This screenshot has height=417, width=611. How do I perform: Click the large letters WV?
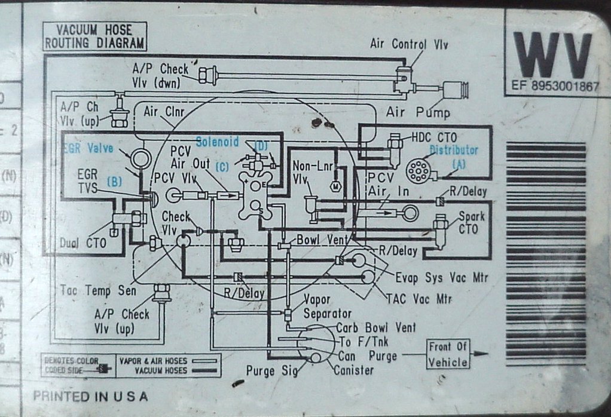(x=552, y=54)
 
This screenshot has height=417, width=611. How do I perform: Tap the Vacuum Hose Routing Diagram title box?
(x=94, y=36)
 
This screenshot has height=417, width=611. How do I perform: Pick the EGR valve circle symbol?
(x=142, y=158)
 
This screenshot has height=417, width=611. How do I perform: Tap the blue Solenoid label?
(x=218, y=142)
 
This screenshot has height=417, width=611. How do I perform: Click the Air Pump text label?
(x=418, y=112)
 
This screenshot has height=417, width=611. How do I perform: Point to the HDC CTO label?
(x=434, y=138)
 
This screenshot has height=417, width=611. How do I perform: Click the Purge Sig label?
(x=268, y=370)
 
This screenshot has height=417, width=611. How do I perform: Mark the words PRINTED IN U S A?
(x=90, y=395)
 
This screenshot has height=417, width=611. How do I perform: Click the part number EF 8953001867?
(x=555, y=86)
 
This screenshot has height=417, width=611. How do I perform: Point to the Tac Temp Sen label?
(x=98, y=290)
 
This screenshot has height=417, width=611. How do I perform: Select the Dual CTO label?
(x=83, y=243)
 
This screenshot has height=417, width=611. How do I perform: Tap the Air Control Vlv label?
(x=409, y=44)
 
